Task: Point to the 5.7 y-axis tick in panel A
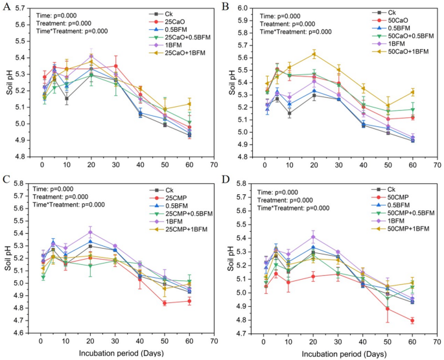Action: [x=21, y=8]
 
